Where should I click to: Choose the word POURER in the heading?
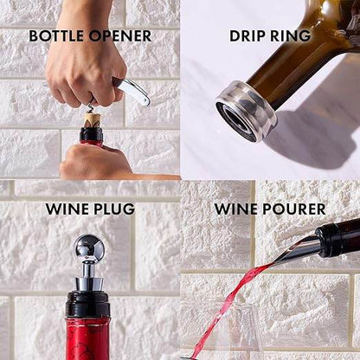point(295,209)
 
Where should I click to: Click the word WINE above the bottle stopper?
point(66,209)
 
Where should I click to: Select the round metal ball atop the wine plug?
point(89,249)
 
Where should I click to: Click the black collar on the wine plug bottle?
point(88,304)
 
